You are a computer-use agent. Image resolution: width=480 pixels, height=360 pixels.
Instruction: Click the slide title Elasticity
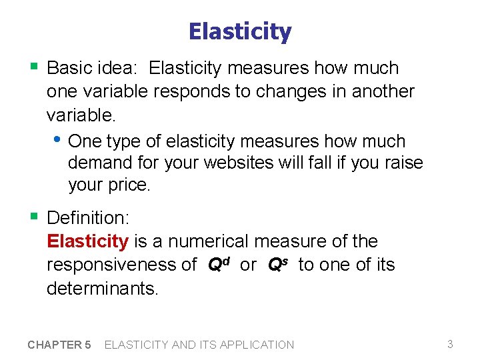240,31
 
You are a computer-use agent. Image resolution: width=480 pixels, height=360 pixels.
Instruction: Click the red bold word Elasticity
87,241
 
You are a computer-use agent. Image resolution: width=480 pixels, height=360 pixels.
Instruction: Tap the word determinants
103,289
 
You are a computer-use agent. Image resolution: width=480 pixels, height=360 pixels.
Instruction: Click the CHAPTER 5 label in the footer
59,345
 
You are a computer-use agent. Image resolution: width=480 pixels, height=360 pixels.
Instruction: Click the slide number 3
450,344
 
